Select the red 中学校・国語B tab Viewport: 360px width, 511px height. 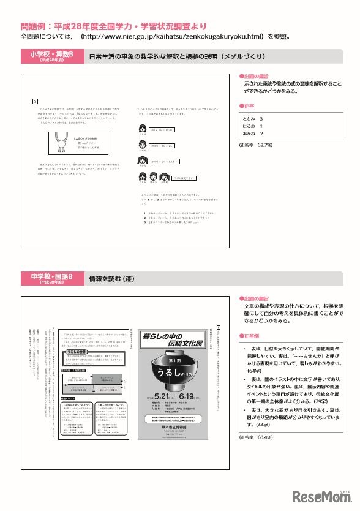(51, 278)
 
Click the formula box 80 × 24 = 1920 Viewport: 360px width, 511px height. (162, 130)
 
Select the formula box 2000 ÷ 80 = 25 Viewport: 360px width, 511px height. (162, 146)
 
